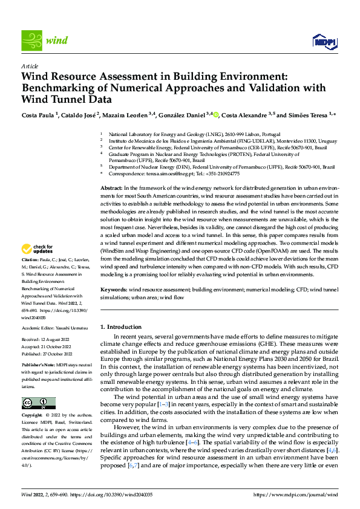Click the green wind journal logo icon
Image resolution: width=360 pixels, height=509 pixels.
[32, 40]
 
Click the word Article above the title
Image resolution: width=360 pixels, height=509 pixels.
[30, 66]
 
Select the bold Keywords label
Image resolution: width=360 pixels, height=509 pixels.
[113, 290]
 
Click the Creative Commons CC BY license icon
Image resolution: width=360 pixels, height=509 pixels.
[38, 403]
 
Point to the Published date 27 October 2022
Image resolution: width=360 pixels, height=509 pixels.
[47, 354]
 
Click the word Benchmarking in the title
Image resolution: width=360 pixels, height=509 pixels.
[61, 88]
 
